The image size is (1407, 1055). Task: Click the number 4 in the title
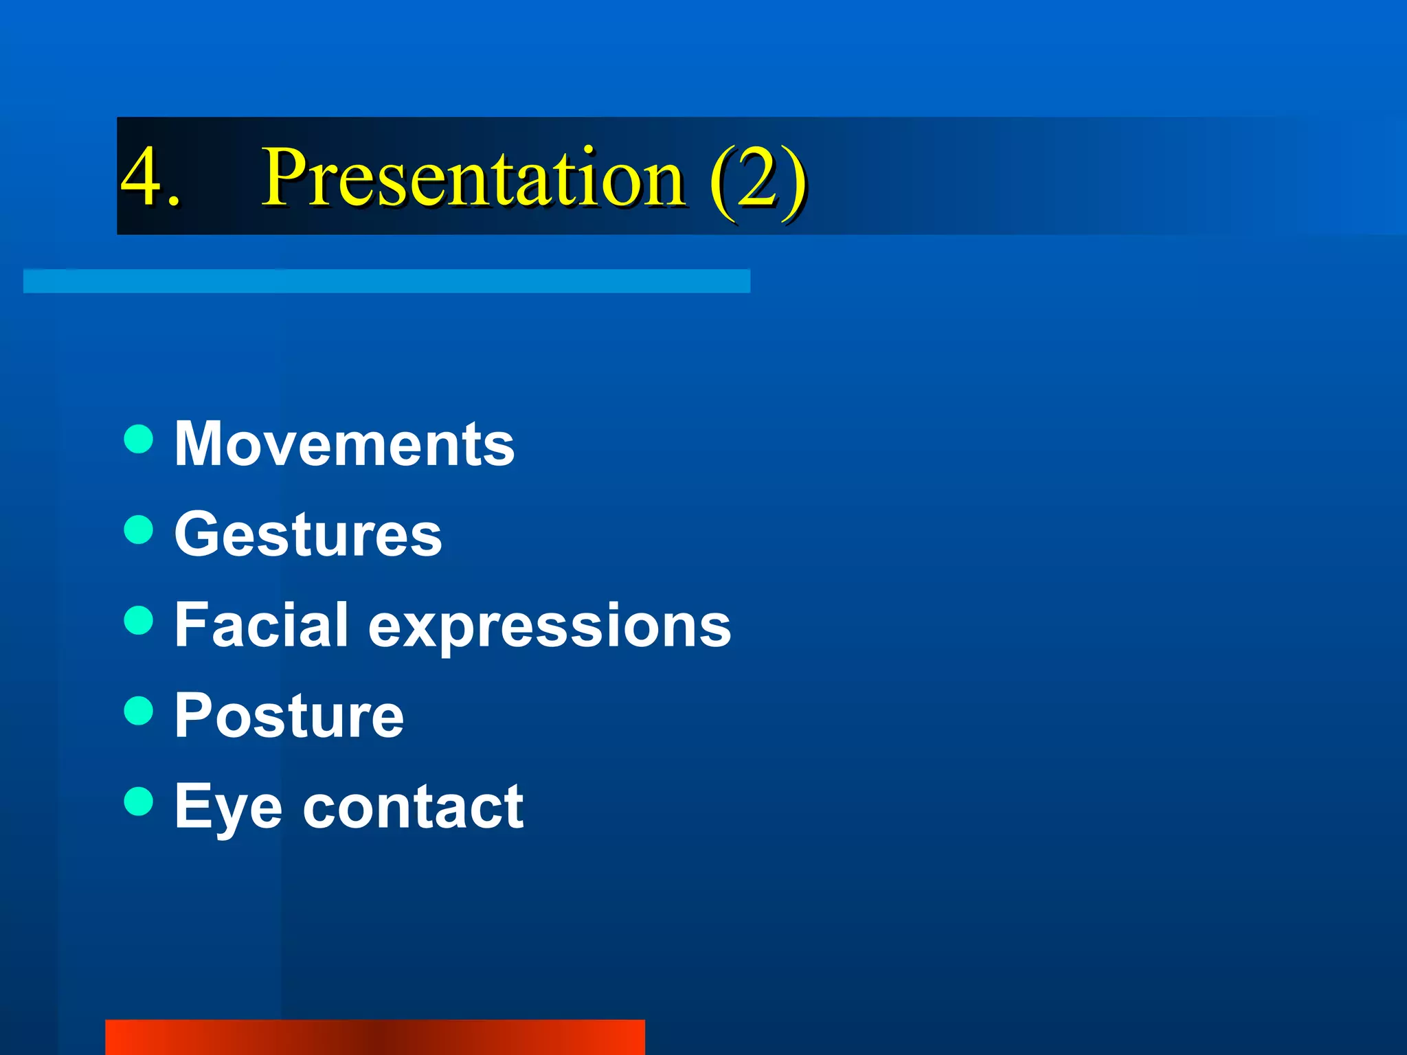click(x=142, y=177)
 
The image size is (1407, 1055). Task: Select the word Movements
click(x=344, y=444)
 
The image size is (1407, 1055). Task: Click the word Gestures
click(x=308, y=535)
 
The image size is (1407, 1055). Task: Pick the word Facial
click(x=261, y=625)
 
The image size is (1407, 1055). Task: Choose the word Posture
click(x=289, y=716)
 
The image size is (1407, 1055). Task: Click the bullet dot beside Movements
click(x=139, y=439)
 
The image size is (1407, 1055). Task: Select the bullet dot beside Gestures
click(x=139, y=530)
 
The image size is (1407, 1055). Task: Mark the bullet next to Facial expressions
click(x=139, y=620)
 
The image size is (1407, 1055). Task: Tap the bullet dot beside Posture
click(x=139, y=711)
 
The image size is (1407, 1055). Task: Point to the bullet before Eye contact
click(x=139, y=801)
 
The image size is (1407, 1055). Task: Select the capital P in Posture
click(x=192, y=716)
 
